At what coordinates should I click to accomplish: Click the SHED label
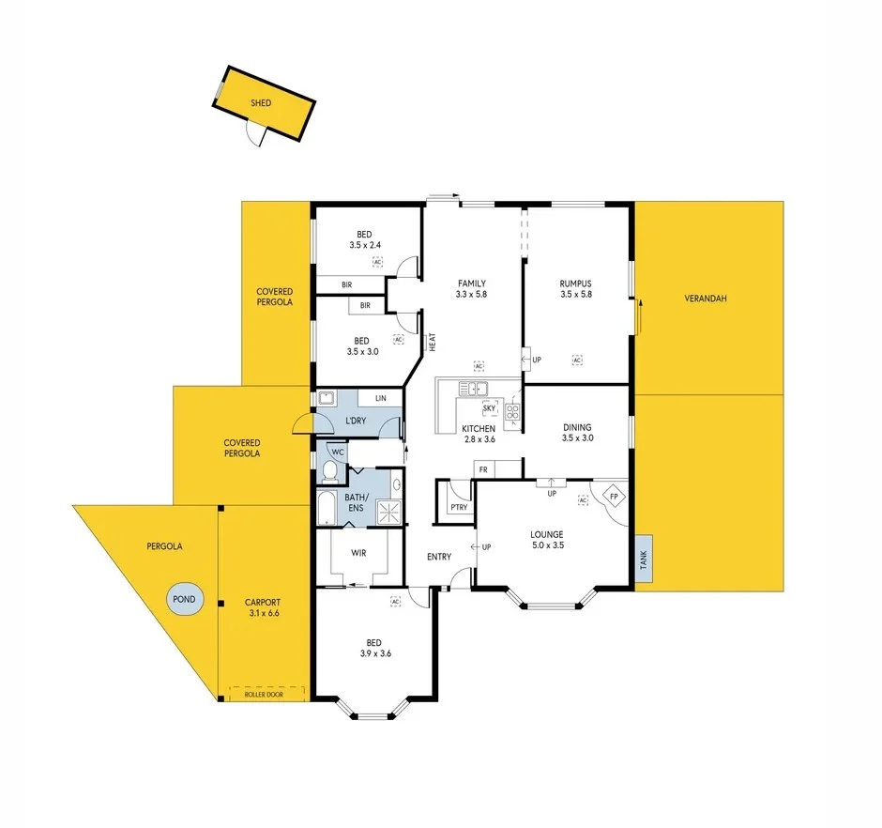(x=261, y=103)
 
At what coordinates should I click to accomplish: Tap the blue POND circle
(x=184, y=598)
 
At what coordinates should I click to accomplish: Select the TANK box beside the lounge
(x=644, y=560)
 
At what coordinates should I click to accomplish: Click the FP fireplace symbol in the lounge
(x=615, y=496)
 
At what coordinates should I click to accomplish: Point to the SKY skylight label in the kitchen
(x=489, y=408)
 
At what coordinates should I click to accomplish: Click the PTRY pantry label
(x=459, y=508)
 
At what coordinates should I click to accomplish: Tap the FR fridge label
(x=483, y=468)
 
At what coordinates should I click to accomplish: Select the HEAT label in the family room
(x=433, y=344)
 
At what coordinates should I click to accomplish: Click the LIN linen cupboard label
(x=380, y=398)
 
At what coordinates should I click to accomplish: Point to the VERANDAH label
(x=706, y=299)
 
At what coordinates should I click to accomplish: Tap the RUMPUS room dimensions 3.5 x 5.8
(x=579, y=295)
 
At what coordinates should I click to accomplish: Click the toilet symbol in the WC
(x=329, y=469)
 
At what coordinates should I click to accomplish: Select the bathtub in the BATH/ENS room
(x=327, y=508)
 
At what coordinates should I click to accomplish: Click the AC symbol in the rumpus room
(x=578, y=360)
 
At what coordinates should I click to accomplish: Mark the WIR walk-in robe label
(x=358, y=553)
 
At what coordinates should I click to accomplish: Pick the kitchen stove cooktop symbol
(x=513, y=410)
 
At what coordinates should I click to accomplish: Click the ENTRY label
(x=439, y=557)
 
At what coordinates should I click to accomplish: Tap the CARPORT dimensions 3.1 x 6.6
(x=263, y=614)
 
